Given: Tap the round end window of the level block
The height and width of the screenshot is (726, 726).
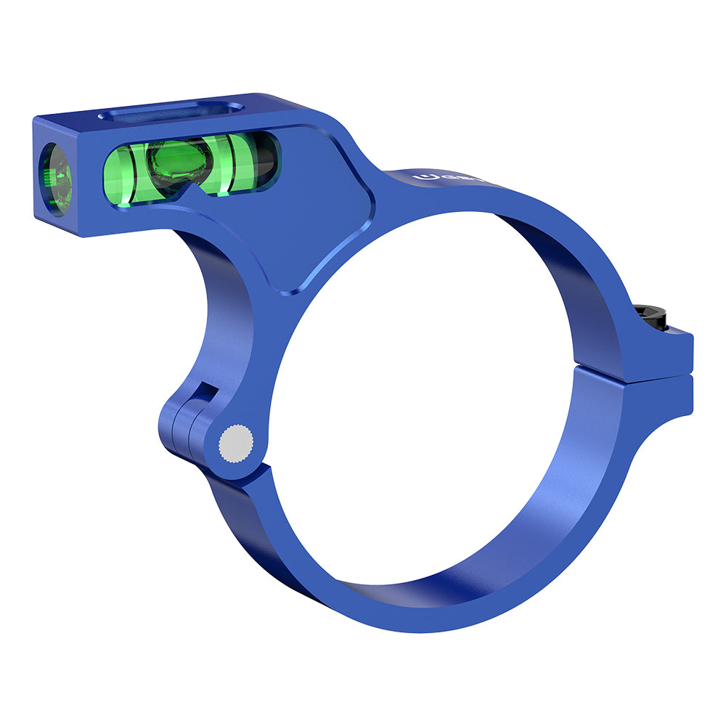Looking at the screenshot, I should pos(55,179).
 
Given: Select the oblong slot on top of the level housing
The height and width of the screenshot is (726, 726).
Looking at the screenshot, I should pos(171,111).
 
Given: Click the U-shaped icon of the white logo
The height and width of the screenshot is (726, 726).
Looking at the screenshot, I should pos(421,177).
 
